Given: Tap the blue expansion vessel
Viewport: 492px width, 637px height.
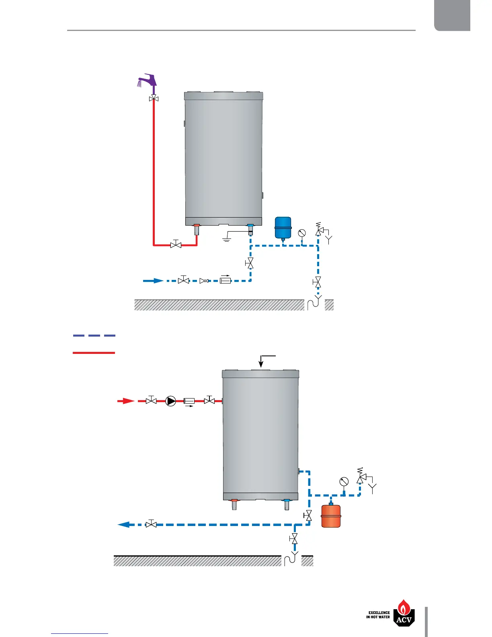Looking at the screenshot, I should point(283,228).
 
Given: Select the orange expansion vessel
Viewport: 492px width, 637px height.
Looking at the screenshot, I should point(331,516).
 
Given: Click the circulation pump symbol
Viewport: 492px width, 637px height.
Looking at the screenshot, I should point(171,401).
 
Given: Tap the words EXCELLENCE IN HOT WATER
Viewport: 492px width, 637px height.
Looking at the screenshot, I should point(378,615).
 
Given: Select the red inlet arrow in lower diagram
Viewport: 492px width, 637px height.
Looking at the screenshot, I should point(126,401).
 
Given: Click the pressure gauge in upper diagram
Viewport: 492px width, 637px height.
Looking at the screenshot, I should point(302,233).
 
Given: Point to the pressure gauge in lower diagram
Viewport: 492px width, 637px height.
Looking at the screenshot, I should point(344,482).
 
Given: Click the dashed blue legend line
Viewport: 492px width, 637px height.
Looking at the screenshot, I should point(94,335).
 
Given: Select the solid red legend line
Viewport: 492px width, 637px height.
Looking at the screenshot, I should point(94,353).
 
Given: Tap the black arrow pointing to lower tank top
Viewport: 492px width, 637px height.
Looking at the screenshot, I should point(261,362).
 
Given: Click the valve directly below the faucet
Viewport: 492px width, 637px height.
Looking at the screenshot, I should point(154,99).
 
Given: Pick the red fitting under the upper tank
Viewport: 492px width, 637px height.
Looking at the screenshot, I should point(197,226).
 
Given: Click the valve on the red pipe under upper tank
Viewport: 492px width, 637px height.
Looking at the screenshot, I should point(176,244).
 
